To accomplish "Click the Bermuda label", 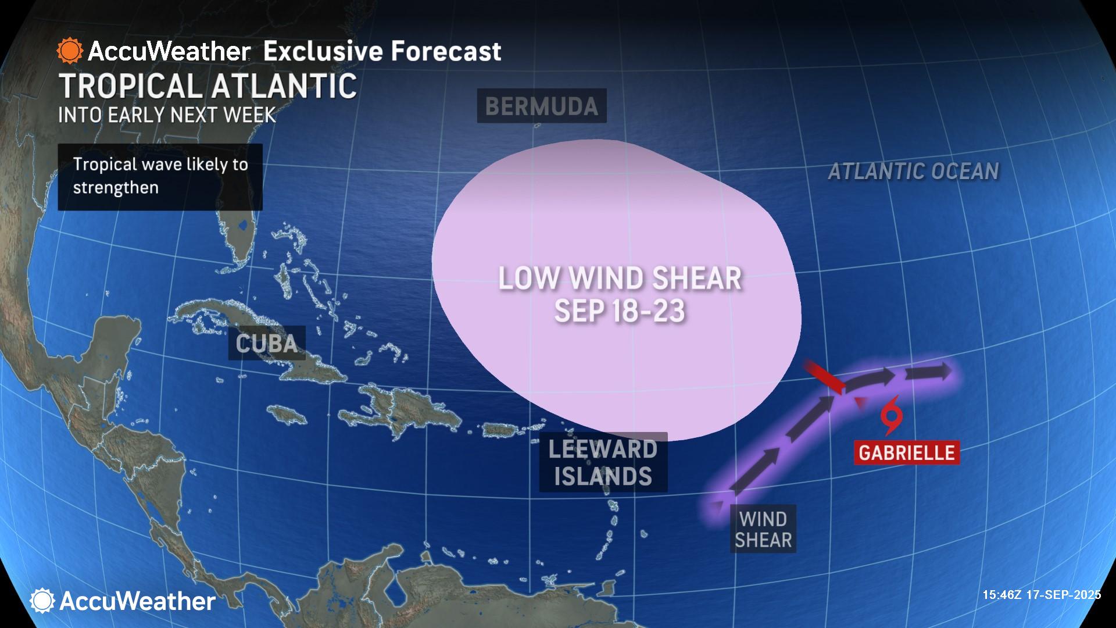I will (x=541, y=106).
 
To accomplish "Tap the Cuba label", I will (x=267, y=343).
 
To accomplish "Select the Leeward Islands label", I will (x=603, y=462).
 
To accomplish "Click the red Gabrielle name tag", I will (x=906, y=452).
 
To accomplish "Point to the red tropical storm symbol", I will (x=890, y=415).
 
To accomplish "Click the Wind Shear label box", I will (x=763, y=529).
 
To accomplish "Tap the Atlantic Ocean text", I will (x=913, y=171).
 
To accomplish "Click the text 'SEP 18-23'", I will (x=620, y=311).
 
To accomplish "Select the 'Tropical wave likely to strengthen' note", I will (x=160, y=176).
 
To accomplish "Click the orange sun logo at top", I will (x=70, y=51).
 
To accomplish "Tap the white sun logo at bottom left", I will (x=42, y=601).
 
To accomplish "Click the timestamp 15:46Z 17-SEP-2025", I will (x=1042, y=595).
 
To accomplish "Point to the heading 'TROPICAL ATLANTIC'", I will (x=208, y=86).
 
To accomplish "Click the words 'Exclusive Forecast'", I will (x=382, y=51).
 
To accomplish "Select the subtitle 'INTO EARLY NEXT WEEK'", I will (x=167, y=115).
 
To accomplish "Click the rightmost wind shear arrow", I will (x=929, y=372).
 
